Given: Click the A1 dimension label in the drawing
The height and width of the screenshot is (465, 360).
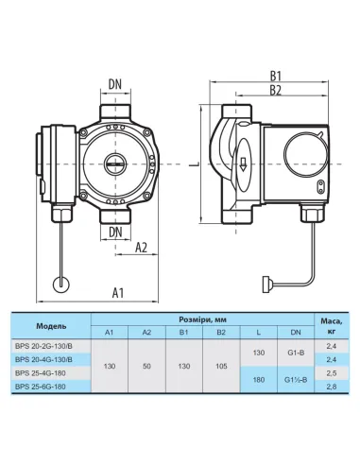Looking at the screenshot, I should click(x=118, y=292).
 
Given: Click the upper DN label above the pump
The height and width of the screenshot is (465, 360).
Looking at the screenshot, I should click(x=114, y=83).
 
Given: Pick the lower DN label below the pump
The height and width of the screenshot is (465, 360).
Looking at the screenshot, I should click(x=114, y=230).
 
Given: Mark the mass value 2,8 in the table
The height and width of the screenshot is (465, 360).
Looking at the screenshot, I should click(x=332, y=387).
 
